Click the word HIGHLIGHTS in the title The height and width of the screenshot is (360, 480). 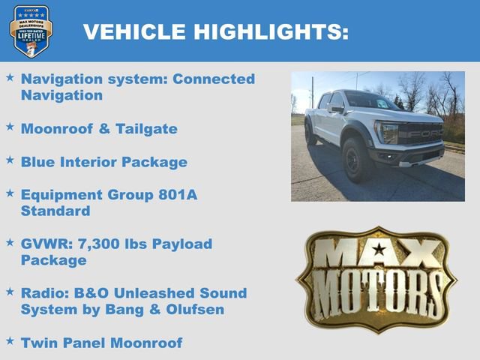pyautogui.click(x=271, y=31)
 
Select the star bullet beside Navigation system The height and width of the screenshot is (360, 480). pyautogui.click(x=10, y=77)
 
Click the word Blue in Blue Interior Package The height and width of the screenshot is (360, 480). pyautogui.click(x=39, y=162)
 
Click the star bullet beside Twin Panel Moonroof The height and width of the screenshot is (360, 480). pyautogui.click(x=10, y=341)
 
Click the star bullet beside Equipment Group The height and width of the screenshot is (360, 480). pyautogui.click(x=10, y=193)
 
